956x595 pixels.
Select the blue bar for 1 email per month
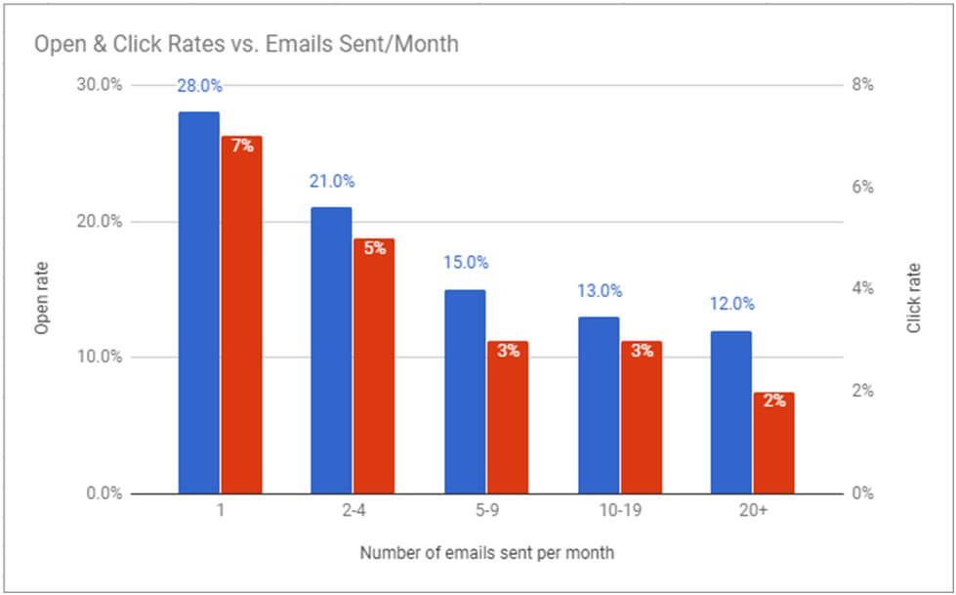point(199,303)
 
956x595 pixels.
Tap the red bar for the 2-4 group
point(373,365)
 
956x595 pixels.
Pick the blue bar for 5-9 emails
point(465,391)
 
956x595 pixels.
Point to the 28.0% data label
point(199,86)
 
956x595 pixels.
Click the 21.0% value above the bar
point(332,181)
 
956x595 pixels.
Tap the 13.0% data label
point(599,290)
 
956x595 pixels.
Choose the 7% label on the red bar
point(242,147)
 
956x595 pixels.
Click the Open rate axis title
point(41,298)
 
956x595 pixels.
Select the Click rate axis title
point(914,298)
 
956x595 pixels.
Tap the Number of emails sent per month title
point(486,553)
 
